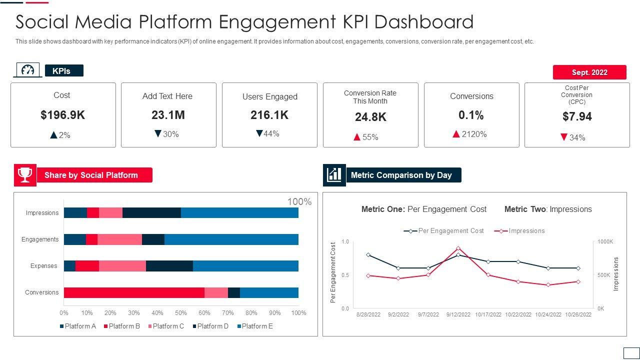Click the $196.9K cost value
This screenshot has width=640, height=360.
pos(62,115)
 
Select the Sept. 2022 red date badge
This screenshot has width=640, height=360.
pos(589,72)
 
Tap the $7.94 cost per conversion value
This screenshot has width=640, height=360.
pos(577,116)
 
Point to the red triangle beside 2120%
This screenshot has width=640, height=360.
pos(456,134)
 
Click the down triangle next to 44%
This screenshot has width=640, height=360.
pos(259,133)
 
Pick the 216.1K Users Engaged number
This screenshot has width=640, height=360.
pos(269,115)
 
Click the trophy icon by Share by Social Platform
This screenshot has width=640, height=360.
pos(25,175)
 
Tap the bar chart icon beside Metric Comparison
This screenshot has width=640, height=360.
pos(334,175)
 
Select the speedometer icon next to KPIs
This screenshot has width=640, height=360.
pos(28,70)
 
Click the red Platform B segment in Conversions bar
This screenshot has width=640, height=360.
pos(134,292)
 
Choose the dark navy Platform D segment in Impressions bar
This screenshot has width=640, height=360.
pos(151,213)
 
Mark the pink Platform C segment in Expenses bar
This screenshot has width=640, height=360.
pos(122,266)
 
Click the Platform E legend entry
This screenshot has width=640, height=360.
pos(255,326)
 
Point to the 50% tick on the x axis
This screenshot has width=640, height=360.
pos(181,313)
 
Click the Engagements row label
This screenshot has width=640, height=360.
pos(40,239)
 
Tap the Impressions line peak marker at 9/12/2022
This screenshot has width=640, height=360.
pos(458,248)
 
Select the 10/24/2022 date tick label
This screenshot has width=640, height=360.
pos(548,314)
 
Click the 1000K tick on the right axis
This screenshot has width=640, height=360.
pos(605,242)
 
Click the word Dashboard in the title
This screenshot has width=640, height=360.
pos(423,22)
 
